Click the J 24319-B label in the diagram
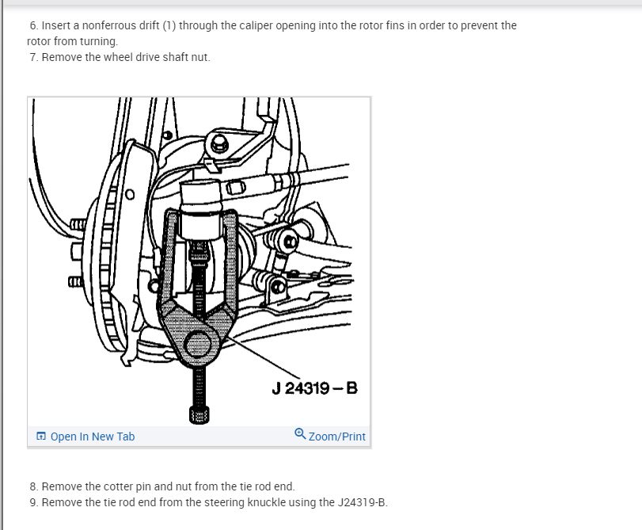[314, 389]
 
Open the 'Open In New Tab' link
[92, 437]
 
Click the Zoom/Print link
[337, 437]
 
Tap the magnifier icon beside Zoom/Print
[300, 434]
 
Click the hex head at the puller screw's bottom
[199, 414]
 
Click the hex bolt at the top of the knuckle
[218, 144]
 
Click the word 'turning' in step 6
[97, 41]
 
